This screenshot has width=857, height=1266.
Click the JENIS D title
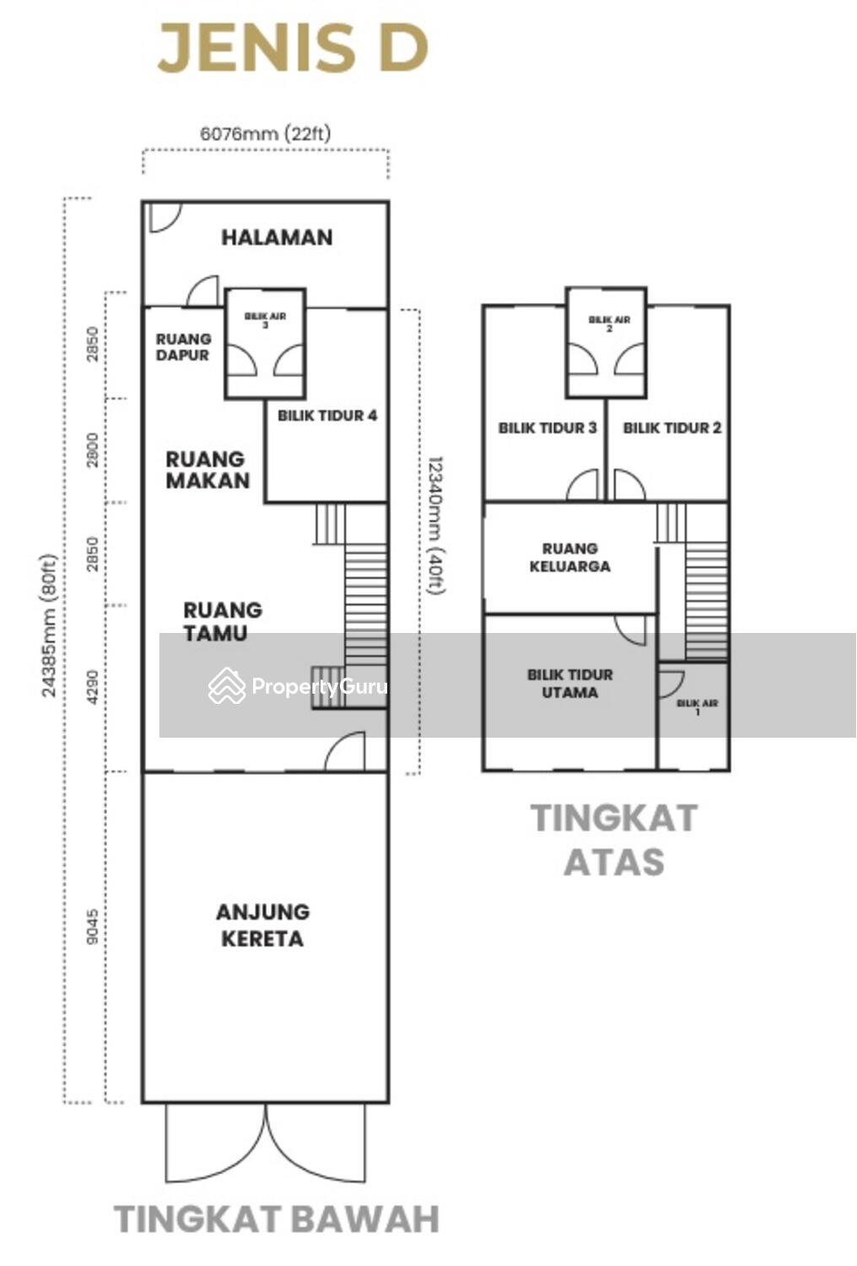[x=292, y=48]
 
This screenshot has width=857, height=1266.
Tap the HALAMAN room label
[x=277, y=237]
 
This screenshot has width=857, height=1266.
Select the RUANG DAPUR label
[x=183, y=347]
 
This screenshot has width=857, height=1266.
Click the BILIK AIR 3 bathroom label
[x=265, y=320]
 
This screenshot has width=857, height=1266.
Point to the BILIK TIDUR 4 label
[x=327, y=416]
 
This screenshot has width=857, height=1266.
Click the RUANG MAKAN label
[x=208, y=469]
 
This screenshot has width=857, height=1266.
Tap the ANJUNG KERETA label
[x=262, y=925]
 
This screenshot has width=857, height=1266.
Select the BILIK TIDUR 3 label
[x=547, y=428]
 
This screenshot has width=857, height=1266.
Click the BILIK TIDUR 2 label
[x=672, y=428]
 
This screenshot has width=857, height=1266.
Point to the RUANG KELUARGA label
[x=570, y=557]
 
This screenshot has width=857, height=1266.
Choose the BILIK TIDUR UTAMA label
[x=570, y=684]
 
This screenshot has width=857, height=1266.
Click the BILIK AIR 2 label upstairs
[x=609, y=323]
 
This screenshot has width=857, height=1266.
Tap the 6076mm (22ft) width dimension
[x=266, y=133]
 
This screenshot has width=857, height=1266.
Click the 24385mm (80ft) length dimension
[x=49, y=625]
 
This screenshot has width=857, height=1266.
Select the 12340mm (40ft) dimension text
[x=436, y=525]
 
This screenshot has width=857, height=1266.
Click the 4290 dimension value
[x=94, y=687]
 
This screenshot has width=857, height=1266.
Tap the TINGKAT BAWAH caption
[x=277, y=1219]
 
